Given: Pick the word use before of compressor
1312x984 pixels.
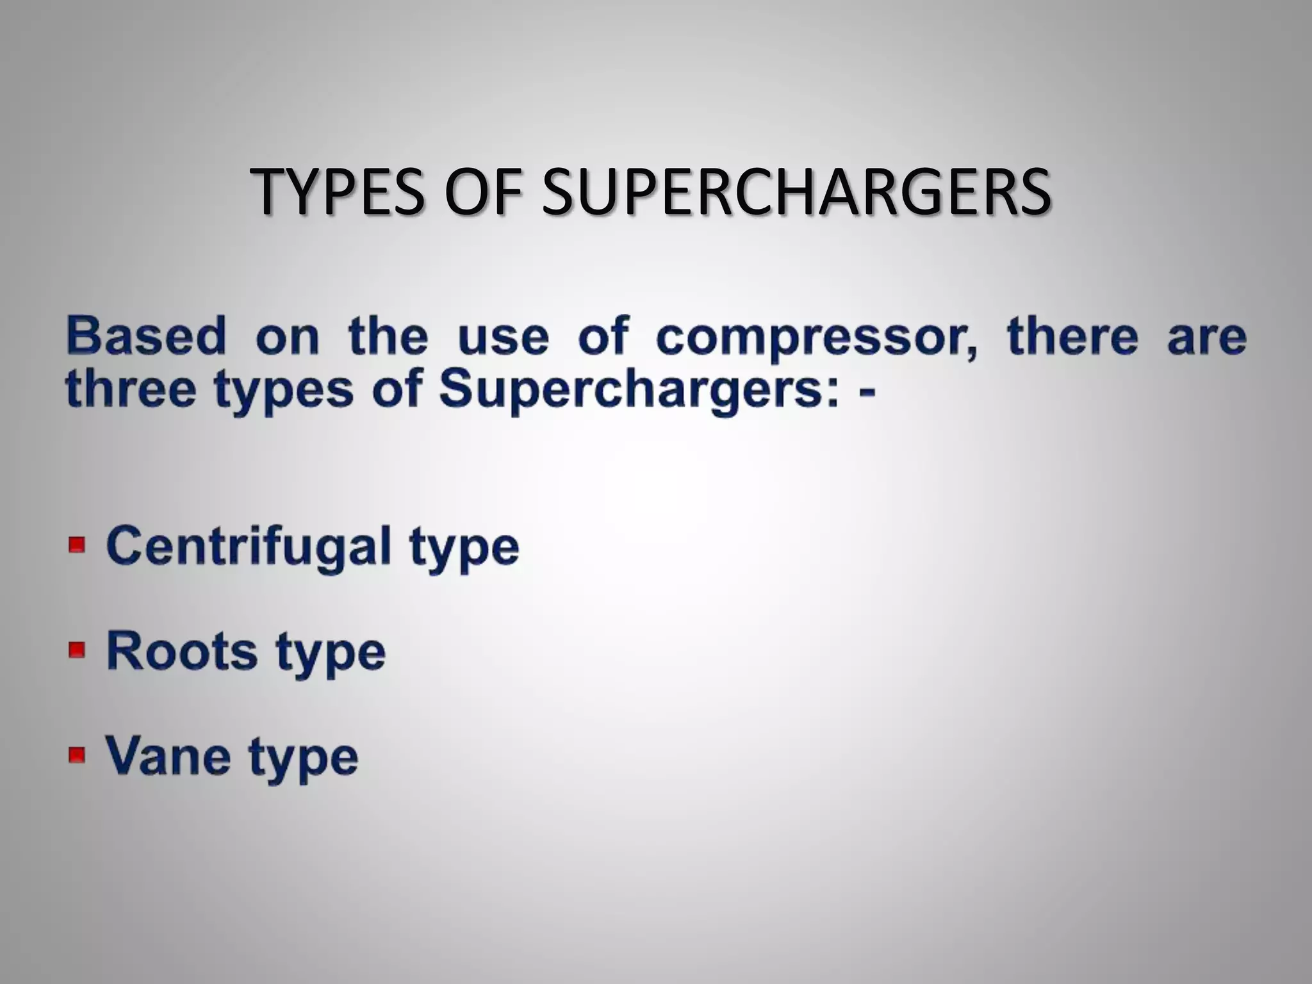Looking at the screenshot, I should pyautogui.click(x=504, y=338).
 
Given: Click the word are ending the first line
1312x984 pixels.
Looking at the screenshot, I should pyautogui.click(x=1206, y=338).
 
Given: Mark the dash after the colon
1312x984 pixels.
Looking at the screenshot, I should pyautogui.click(x=867, y=391).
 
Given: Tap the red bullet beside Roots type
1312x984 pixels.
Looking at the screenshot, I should pyautogui.click(x=77, y=650).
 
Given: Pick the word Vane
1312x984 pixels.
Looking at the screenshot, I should pyautogui.click(x=168, y=756).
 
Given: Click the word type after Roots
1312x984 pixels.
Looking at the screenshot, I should pyautogui.click(x=331, y=654).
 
